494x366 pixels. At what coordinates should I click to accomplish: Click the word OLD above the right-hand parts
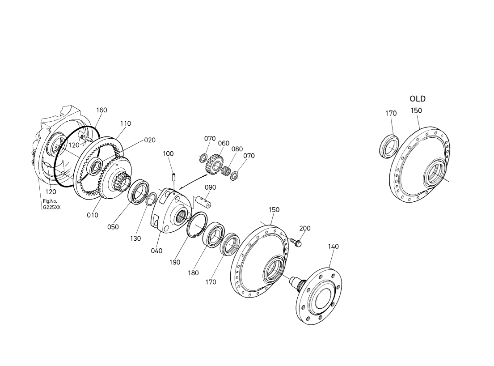click(x=418, y=99)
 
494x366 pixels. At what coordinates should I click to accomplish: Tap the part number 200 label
click(x=304, y=228)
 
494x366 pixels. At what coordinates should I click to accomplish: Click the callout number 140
click(x=334, y=246)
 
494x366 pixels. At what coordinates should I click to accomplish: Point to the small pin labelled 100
click(x=173, y=177)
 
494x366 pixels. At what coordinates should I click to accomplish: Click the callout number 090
click(x=211, y=187)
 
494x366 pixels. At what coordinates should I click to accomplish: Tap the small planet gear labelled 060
click(x=215, y=164)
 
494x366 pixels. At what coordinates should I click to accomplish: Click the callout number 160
click(x=101, y=110)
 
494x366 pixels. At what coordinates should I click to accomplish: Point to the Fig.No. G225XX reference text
click(x=52, y=204)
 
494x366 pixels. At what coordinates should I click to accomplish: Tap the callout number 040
click(x=156, y=251)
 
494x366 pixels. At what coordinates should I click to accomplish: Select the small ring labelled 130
click(x=151, y=199)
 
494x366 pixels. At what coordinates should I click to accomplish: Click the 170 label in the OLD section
click(x=391, y=113)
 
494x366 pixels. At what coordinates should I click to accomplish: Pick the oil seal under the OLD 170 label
click(x=388, y=146)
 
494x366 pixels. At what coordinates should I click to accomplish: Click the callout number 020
click(x=150, y=140)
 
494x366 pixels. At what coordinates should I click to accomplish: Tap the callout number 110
click(x=125, y=123)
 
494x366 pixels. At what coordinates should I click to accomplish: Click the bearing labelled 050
click(x=139, y=192)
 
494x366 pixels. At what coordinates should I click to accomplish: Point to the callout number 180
click(x=193, y=272)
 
